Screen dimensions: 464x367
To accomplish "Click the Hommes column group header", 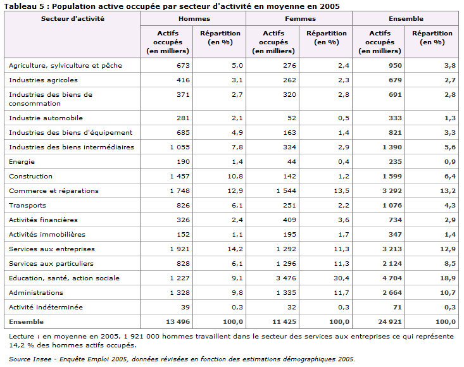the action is click(194, 18).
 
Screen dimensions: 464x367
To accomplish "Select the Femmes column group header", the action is click(300, 18).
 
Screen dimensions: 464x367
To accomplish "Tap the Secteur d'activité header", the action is click(73, 18).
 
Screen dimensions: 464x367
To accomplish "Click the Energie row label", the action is click(22, 162).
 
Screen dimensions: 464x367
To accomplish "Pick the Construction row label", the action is click(30, 177).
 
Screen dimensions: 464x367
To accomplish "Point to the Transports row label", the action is click(27, 206).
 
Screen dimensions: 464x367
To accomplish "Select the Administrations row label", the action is click(36, 293).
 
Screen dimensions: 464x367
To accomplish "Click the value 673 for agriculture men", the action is click(183, 65).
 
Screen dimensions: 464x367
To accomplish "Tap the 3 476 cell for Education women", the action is click(286, 278).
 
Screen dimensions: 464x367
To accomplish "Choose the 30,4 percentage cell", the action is click(341, 278).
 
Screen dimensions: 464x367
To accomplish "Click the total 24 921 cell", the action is click(390, 321).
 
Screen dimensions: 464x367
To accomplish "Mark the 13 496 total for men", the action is click(178, 321).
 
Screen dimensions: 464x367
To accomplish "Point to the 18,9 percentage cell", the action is click(448, 278).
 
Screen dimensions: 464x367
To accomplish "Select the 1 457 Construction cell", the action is click(180, 177).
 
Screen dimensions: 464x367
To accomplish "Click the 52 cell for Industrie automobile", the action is click(292, 118).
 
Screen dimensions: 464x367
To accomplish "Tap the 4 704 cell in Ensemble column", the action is click(392, 278).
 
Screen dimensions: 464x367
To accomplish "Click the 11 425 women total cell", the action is click(284, 321).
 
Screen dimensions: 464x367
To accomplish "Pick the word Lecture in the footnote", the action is click(22, 337).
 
